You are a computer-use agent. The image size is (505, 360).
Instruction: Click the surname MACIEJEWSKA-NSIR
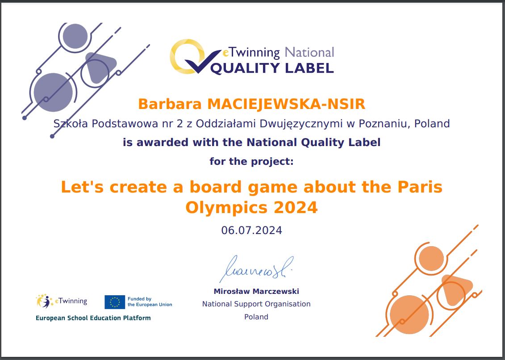pyautogui.click(x=286, y=104)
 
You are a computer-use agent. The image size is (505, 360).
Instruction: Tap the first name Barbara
pyautogui.click(x=170, y=104)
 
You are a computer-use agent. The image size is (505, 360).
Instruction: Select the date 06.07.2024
pyautogui.click(x=251, y=230)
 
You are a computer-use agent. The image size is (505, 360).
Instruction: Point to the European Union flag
pyautogui.click(x=115, y=302)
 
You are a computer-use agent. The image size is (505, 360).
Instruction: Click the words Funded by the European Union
pyautogui.click(x=150, y=301)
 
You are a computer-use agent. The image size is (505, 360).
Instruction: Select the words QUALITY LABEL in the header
pyautogui.click(x=272, y=68)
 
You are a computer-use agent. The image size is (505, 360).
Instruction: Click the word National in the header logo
pyautogui.click(x=309, y=52)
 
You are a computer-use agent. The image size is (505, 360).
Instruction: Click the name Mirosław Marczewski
pyautogui.click(x=256, y=291)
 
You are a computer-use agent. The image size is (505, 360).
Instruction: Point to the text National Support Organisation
pyautogui.click(x=256, y=304)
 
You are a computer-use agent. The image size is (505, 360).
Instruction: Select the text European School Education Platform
pyautogui.click(x=93, y=318)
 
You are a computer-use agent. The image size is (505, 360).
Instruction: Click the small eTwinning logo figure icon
pyautogui.click(x=45, y=301)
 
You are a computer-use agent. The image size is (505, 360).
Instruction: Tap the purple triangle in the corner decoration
pyautogui.click(x=100, y=67)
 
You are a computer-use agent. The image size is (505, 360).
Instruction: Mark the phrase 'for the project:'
pyautogui.click(x=251, y=161)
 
